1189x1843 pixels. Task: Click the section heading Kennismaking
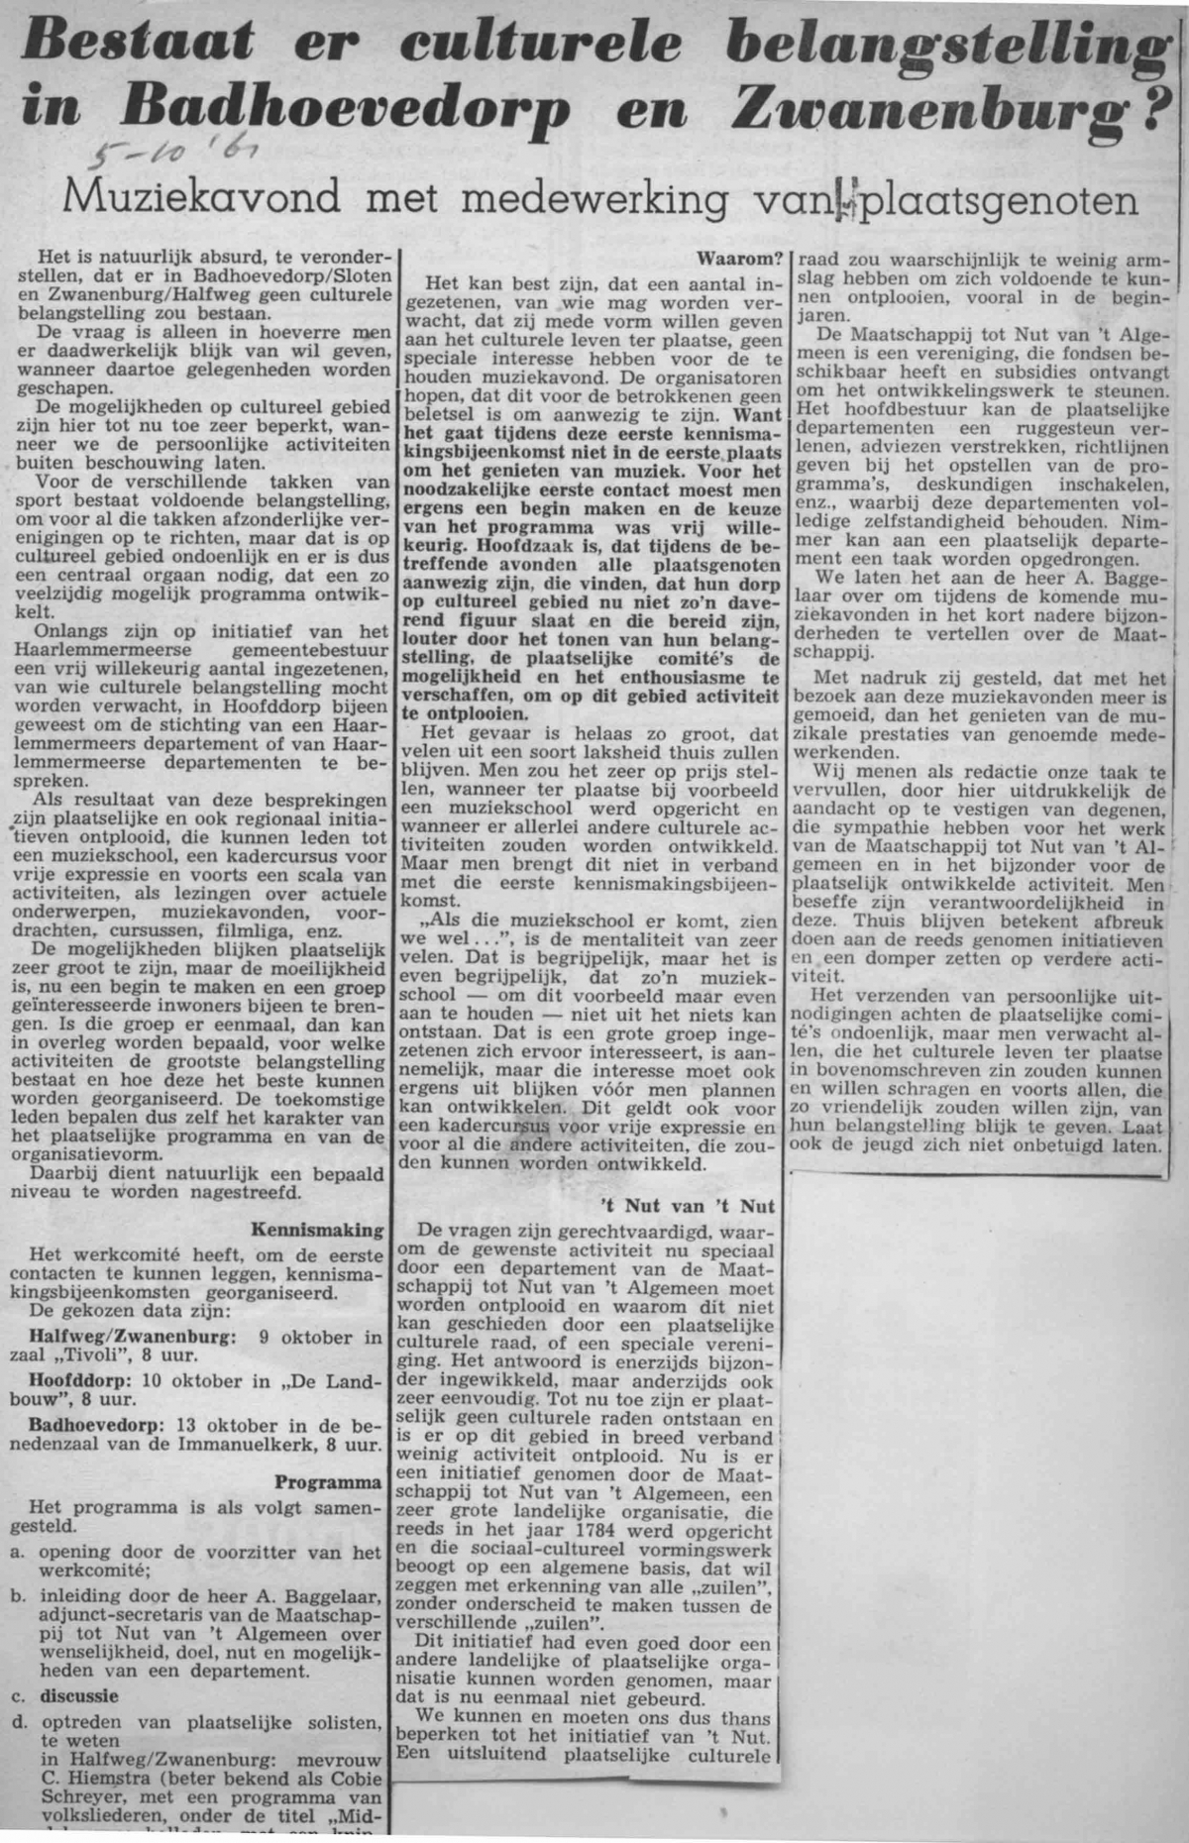(317, 1230)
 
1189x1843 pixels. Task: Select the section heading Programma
(328, 1482)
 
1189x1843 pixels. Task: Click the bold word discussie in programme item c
(79, 1695)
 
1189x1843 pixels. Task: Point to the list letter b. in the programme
(18, 1596)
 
